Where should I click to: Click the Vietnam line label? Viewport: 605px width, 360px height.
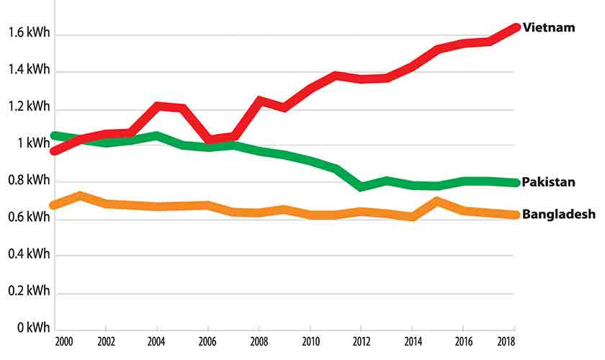tap(549, 27)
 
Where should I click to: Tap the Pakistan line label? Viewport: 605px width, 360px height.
tap(549, 181)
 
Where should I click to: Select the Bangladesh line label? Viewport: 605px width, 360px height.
tap(558, 215)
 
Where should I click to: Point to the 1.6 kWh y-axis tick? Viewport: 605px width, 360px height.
tap(29, 32)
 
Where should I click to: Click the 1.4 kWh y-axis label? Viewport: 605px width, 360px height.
tap(29, 70)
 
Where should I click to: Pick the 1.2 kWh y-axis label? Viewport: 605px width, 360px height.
tap(29, 107)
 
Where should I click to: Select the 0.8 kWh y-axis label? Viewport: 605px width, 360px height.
tap(29, 180)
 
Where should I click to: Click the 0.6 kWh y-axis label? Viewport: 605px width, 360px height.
tap(29, 217)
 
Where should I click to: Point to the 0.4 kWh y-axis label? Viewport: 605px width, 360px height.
tap(29, 254)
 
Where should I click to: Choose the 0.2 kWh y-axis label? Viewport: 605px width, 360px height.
tap(29, 291)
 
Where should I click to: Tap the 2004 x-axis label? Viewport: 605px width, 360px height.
tap(157, 341)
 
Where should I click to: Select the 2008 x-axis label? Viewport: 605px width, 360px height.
tap(259, 341)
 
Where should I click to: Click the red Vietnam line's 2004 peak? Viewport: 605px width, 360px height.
tap(158, 107)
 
